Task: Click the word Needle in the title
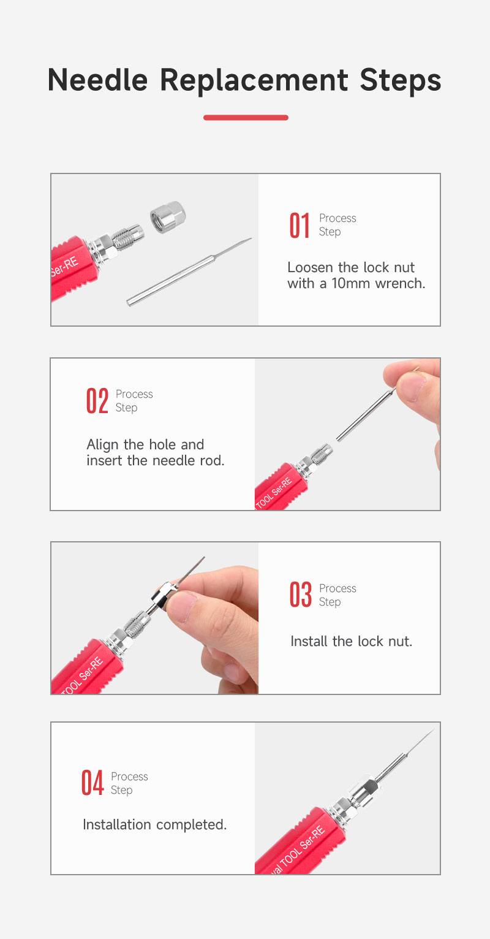[97, 80]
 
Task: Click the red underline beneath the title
[246, 118]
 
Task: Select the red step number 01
[300, 226]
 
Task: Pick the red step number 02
[97, 401]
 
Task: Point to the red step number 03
[301, 595]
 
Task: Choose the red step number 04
[92, 783]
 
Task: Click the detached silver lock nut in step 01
[168, 217]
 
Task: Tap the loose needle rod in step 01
[189, 272]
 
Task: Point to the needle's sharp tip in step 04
[434, 730]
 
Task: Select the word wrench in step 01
[400, 284]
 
